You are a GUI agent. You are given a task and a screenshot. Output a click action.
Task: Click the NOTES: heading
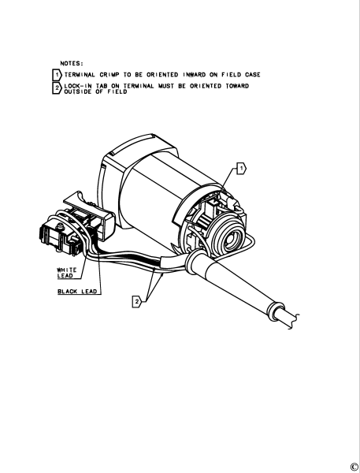(71, 63)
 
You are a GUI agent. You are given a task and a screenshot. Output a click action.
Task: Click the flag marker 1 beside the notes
(57, 75)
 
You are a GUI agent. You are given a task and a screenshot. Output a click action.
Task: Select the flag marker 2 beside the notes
(57, 88)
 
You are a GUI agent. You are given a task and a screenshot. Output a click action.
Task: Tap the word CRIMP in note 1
(109, 75)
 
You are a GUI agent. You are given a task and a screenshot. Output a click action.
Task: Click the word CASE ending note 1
(252, 75)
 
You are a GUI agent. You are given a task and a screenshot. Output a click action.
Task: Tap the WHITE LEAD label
(67, 273)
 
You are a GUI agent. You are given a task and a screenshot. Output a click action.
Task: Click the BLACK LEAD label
(77, 292)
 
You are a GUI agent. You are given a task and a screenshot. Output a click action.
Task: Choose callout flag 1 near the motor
(242, 169)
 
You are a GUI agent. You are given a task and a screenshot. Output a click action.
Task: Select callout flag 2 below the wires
(137, 301)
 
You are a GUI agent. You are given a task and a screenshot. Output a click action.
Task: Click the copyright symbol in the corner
(354, 467)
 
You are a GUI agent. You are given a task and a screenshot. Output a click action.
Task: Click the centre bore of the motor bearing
(232, 238)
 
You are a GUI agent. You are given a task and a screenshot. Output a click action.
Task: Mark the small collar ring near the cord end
(276, 311)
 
